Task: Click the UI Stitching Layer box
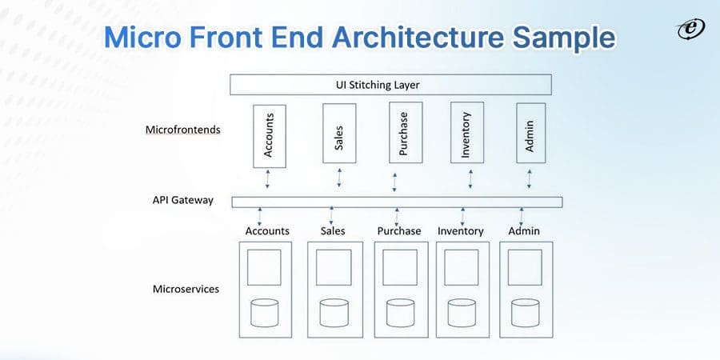(x=390, y=85)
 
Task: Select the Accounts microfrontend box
(x=269, y=135)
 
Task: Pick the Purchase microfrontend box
(x=403, y=132)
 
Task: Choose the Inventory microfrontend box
(x=466, y=132)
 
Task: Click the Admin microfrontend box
(x=530, y=132)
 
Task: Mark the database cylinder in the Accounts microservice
(x=264, y=313)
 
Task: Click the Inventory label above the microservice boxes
(x=461, y=231)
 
